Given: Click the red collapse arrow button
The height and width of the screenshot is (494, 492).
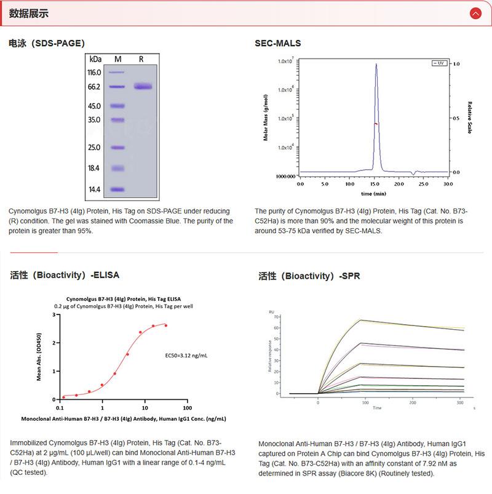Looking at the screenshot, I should (x=475, y=13).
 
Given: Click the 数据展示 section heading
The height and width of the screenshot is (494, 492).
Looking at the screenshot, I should (x=29, y=14).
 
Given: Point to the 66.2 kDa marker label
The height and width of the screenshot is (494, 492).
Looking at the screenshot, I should (x=94, y=87).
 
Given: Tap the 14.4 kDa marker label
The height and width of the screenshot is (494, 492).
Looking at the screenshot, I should (x=94, y=189).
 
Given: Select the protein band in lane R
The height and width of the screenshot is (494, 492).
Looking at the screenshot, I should (x=142, y=87).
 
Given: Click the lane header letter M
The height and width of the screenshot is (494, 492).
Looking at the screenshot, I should (x=118, y=59).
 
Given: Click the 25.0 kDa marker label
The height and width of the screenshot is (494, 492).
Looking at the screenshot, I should (x=94, y=148).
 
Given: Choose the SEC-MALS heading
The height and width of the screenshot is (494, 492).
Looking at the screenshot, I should (x=278, y=43).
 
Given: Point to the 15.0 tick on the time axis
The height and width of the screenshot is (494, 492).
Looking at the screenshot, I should (x=374, y=184).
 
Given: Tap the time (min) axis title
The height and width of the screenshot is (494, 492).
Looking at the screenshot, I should (x=373, y=193).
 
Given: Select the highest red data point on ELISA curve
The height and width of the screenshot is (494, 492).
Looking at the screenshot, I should (x=165, y=325).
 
